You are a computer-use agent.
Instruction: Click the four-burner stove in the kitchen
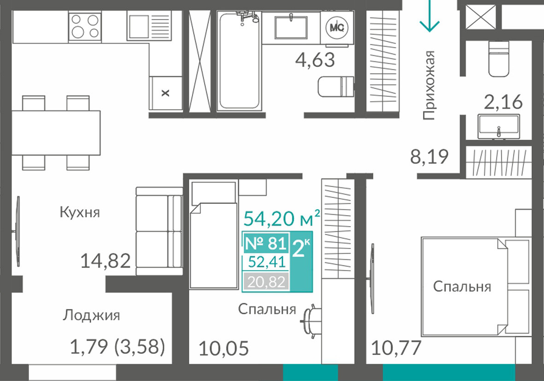85,26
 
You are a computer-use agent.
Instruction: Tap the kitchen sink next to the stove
149,24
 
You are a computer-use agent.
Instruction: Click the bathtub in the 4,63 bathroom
239,61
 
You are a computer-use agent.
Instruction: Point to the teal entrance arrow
430,16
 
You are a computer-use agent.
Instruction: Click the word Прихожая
429,85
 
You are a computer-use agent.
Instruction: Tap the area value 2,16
503,102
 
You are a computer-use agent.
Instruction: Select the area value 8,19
429,157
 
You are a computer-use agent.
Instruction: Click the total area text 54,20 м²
282,218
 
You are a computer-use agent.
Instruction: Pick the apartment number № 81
266,243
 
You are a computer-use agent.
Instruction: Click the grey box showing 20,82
266,282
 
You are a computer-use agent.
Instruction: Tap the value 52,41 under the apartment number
267,262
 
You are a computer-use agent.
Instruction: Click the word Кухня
80,212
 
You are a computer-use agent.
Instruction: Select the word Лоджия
91,315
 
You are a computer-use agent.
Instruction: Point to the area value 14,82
106,261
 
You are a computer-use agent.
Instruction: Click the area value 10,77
396,348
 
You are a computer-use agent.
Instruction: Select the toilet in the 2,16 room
499,58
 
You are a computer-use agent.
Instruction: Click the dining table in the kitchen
56,133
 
